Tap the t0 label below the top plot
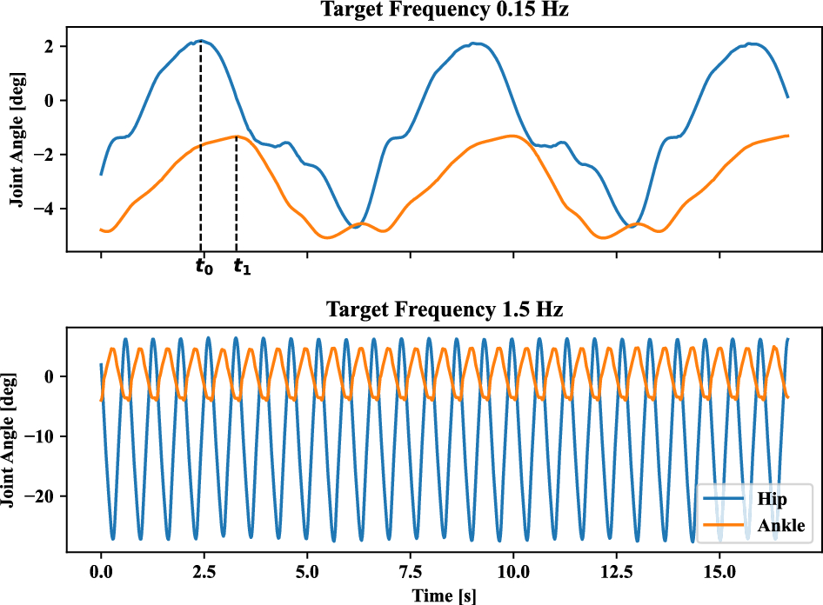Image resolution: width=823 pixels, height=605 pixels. [203, 267]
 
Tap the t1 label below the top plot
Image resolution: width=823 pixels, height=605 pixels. [242, 267]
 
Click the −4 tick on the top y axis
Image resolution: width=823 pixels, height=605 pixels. [48, 209]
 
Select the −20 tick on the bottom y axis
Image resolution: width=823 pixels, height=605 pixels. [43, 496]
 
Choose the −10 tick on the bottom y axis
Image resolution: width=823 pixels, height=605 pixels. [43, 436]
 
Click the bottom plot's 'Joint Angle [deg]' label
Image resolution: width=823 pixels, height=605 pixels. [17, 439]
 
